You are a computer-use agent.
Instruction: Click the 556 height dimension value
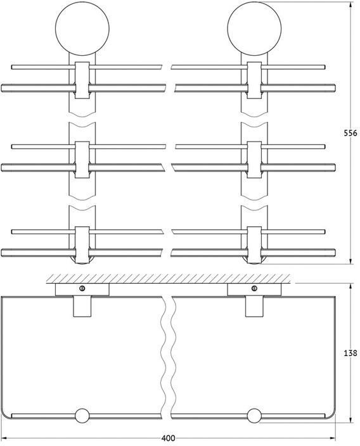click(350, 133)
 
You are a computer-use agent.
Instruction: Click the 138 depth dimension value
click(350, 353)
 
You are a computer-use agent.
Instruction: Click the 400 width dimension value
click(168, 438)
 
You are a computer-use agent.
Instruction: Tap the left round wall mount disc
click(82, 29)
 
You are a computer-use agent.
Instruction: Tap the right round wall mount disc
click(254, 29)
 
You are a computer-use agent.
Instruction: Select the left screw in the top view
click(82, 288)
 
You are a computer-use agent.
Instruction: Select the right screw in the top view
click(254, 288)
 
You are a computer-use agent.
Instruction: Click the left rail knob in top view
click(82, 416)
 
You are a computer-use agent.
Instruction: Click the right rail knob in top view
click(254, 416)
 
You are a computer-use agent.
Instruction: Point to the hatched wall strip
click(168, 279)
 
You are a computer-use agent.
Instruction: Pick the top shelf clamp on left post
click(82, 80)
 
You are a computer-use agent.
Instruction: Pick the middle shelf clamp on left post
click(82, 160)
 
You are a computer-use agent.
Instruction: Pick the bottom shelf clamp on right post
click(254, 245)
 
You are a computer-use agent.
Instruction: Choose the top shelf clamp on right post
click(254, 80)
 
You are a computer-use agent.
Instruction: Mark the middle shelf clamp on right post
click(254, 160)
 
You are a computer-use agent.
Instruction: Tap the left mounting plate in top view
click(82, 290)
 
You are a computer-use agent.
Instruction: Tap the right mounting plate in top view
click(254, 290)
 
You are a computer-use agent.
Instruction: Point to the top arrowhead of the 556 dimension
click(350, 4)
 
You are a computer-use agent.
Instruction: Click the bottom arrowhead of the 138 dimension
click(350, 420)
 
